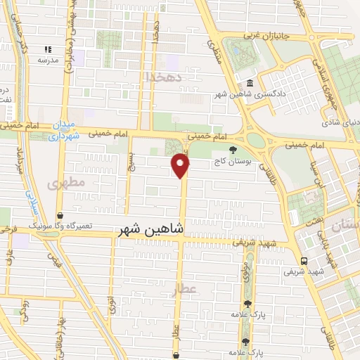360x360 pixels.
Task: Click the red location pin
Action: point(181,165)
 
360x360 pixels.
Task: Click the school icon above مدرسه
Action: point(48,49)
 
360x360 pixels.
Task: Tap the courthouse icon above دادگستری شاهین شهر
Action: point(250,84)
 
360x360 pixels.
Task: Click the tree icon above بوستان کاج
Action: point(233,149)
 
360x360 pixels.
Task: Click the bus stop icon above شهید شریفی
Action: point(304,259)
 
